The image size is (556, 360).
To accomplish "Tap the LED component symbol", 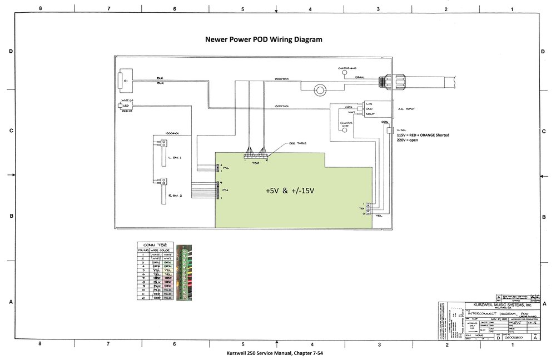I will pos(120,105).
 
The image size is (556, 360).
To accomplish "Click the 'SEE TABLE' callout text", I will pos(297,143).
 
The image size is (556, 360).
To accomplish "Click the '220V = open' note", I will pos(409,141).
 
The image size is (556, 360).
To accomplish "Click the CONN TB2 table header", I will pos(156,244).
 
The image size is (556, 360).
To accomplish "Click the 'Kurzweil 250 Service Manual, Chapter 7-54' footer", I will pos(276,354).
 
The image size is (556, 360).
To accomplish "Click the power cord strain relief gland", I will pos(381,81).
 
